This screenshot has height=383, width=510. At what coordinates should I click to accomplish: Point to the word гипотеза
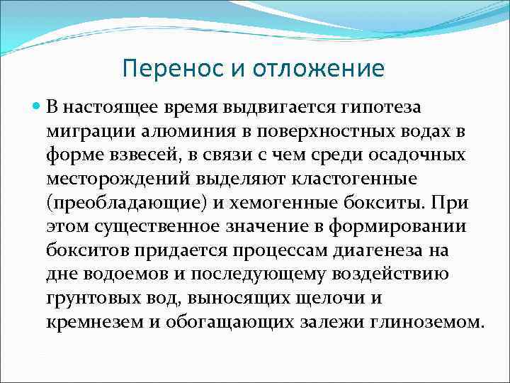tap(382, 107)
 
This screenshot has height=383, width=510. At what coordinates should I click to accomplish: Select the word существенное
tap(153, 228)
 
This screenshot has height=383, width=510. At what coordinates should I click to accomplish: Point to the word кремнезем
tap(87, 323)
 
